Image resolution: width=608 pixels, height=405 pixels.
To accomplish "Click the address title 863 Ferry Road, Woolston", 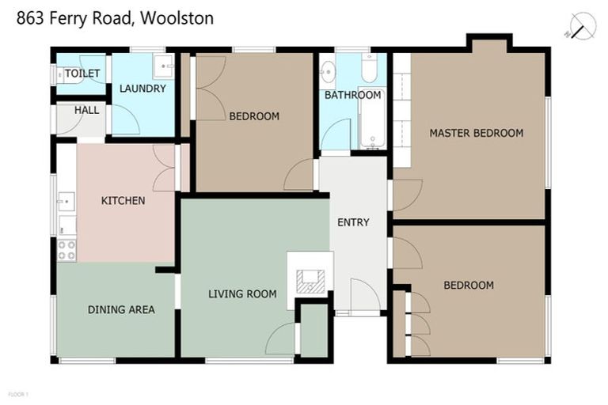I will tap(116, 17).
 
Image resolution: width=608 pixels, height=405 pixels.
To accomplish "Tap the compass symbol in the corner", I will tap(583, 27).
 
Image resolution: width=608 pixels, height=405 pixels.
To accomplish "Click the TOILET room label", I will tap(82, 74).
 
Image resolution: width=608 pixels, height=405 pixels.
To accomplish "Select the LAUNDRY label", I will tap(142, 89).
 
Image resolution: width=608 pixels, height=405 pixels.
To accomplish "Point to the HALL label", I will tap(86, 111).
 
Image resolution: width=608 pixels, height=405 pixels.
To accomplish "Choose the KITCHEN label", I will tap(123, 201).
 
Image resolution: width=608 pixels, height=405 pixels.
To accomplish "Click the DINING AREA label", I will tap(121, 309).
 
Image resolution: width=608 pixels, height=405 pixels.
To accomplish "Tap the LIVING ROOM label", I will tap(242, 294).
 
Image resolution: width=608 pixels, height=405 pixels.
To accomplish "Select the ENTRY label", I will tap(353, 222).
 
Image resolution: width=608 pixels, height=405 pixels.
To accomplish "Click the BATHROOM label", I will tap(353, 95).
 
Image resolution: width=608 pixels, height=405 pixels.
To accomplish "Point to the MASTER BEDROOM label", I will tap(477, 133).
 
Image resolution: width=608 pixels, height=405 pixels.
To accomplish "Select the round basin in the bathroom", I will tap(329, 74).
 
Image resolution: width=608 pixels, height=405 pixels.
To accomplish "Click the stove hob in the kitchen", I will tap(66, 250).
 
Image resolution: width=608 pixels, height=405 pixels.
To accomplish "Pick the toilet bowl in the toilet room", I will tap(59, 74).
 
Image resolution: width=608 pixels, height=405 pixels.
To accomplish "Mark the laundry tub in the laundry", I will tap(165, 66).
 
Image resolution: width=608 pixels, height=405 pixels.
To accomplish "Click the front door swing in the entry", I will tap(364, 295).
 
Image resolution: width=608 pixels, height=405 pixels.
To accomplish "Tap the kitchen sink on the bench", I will tap(66, 202).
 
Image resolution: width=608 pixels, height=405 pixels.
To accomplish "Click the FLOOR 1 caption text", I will tap(18, 393).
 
